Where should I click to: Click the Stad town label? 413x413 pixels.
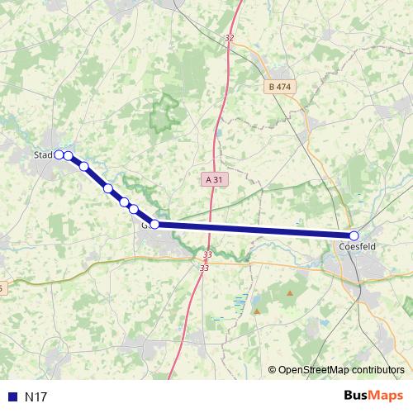(x=42, y=154)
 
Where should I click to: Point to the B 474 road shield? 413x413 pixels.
(x=280, y=86)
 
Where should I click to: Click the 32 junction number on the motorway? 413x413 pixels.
(x=230, y=38)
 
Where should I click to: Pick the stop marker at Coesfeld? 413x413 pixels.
(x=354, y=236)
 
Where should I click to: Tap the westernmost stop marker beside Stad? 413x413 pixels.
(x=59, y=154)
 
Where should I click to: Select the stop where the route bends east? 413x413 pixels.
(x=154, y=224)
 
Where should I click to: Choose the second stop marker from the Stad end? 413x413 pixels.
(x=69, y=156)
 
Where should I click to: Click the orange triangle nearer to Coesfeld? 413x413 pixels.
(x=290, y=292)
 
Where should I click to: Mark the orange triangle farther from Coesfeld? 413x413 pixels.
(x=257, y=311)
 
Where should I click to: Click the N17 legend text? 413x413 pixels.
(x=36, y=397)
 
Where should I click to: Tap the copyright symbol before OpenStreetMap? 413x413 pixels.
(x=273, y=371)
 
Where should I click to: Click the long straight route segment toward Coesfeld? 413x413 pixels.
(x=256, y=230)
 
